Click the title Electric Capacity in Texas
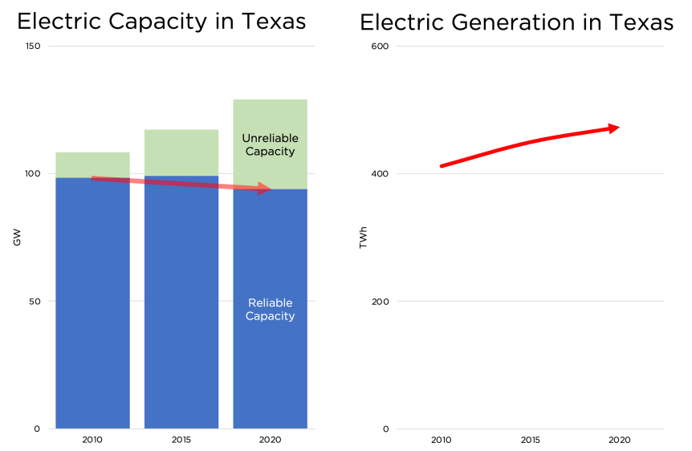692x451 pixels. [x=161, y=22]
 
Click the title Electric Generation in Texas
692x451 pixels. [x=516, y=22]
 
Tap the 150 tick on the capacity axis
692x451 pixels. [x=33, y=47]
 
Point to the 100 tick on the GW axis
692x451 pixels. [x=33, y=174]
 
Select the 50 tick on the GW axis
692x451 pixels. [x=35, y=302]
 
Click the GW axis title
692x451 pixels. [x=17, y=238]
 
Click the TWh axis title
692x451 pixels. [x=363, y=238]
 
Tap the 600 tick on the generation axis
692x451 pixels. [x=380, y=47]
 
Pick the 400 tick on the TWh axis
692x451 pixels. [x=380, y=174]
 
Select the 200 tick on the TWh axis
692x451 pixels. [x=380, y=302]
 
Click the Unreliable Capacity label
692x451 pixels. [x=270, y=145]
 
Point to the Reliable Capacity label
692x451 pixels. [x=270, y=310]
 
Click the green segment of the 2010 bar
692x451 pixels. [x=92, y=165]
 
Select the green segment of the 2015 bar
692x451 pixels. [x=181, y=152]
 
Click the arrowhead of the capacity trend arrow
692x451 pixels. [x=265, y=189]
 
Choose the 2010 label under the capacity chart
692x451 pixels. [x=92, y=441]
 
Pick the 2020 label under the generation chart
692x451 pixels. [x=619, y=441]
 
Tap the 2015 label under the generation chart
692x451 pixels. [x=530, y=441]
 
